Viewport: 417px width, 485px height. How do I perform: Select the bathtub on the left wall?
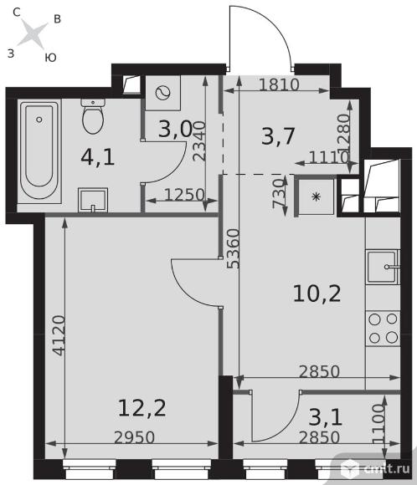(39, 151)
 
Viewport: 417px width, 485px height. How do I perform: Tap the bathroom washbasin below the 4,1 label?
(93, 200)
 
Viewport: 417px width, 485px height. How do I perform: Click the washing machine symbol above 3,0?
(162, 93)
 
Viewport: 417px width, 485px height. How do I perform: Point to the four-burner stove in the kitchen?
(383, 328)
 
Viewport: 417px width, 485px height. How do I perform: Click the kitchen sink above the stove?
(383, 268)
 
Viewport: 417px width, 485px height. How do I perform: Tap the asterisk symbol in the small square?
(316, 197)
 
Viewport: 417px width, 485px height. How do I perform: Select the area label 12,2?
(142, 408)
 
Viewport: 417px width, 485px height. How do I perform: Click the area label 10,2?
(317, 294)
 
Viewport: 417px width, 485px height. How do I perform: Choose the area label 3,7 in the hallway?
(278, 135)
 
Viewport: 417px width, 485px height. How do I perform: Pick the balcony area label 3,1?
(326, 416)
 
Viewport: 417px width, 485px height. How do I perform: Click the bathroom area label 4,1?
(98, 157)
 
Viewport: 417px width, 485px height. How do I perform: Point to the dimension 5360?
(234, 248)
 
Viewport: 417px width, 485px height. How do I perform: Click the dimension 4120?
(59, 335)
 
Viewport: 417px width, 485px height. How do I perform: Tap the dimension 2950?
(135, 437)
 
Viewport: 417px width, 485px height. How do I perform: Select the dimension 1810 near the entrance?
(280, 84)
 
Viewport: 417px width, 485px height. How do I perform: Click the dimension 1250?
(184, 195)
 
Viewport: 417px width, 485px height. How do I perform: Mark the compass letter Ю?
(50, 58)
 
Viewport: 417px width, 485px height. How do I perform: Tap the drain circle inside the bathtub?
(39, 119)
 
